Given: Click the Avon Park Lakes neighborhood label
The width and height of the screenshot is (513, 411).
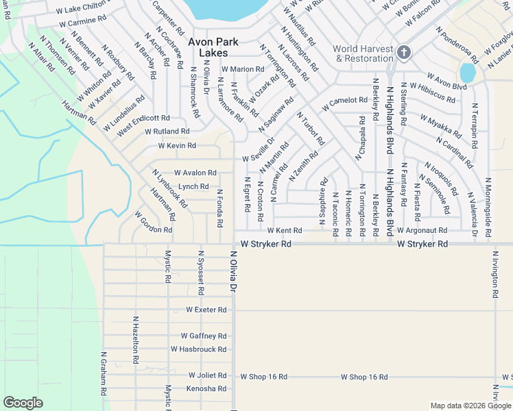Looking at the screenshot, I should pyautogui.click(x=213, y=47).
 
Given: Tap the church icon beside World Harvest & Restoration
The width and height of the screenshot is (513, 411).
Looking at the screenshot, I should pyautogui.click(x=404, y=53).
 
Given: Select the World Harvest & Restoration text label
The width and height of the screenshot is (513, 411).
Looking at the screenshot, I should pyautogui.click(x=363, y=53).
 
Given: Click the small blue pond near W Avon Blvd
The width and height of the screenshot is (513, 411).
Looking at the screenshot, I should pyautogui.click(x=467, y=72).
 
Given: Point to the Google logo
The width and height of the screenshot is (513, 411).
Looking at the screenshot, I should pyautogui.click(x=23, y=403).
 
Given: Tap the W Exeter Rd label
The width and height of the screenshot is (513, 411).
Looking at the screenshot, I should pyautogui.click(x=206, y=310).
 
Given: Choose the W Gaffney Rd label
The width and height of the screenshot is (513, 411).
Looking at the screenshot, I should pyautogui.click(x=204, y=336).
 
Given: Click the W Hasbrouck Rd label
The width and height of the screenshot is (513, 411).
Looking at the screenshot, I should pyautogui.click(x=200, y=349).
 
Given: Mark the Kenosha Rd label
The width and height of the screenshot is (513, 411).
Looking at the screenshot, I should pyautogui.click(x=206, y=388).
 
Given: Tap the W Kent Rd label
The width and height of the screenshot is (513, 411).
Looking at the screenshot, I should pyautogui.click(x=285, y=231).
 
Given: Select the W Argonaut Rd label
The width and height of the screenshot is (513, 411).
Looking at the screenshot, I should pyautogui.click(x=422, y=231).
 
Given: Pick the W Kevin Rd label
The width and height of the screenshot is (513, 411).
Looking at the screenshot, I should pyautogui.click(x=177, y=146).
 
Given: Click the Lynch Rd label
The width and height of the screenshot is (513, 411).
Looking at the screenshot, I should pyautogui.click(x=193, y=186).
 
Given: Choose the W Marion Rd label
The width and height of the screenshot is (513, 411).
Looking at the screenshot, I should pyautogui.click(x=242, y=69).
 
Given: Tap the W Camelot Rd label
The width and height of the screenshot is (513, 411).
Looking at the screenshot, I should pyautogui.click(x=349, y=101).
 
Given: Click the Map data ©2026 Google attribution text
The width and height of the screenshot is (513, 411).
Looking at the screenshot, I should pyautogui.click(x=470, y=406).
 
